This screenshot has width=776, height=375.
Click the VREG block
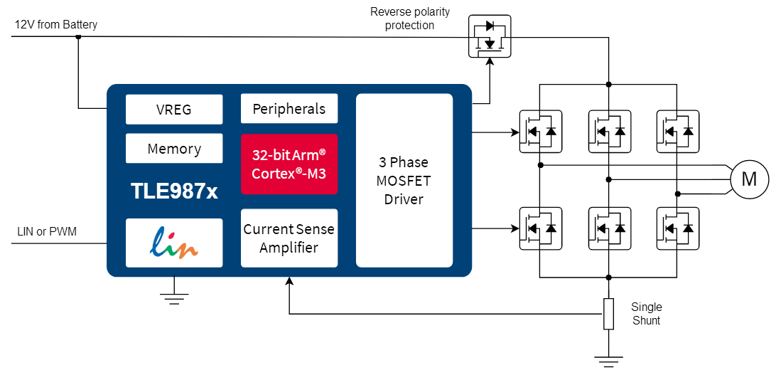pos(174,110)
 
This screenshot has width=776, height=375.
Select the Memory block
pos(174,149)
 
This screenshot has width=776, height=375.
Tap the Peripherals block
pos(289,109)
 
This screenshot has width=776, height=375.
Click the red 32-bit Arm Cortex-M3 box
pos(289,164)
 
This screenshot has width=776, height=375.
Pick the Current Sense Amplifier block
pos(289,238)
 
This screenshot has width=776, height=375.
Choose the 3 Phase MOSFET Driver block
pos(404,181)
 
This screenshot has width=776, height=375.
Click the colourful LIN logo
pos(174,242)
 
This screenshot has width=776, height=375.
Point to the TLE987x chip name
pos(174,191)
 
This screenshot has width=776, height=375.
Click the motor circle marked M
pos(749,179)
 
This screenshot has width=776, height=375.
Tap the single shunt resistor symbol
pos(608,314)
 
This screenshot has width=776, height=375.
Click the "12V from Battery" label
pos(56,25)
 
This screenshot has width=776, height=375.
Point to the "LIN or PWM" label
pos(46,232)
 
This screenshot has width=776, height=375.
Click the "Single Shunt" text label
pos(646,314)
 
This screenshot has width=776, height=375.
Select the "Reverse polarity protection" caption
pos(410,19)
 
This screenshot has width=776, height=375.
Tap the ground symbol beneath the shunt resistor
pos(608,361)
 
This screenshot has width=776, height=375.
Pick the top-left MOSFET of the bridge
pos(540,131)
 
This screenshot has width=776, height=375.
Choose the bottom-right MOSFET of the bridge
pos(677,228)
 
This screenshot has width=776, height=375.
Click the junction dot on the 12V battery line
pos(78,37)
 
